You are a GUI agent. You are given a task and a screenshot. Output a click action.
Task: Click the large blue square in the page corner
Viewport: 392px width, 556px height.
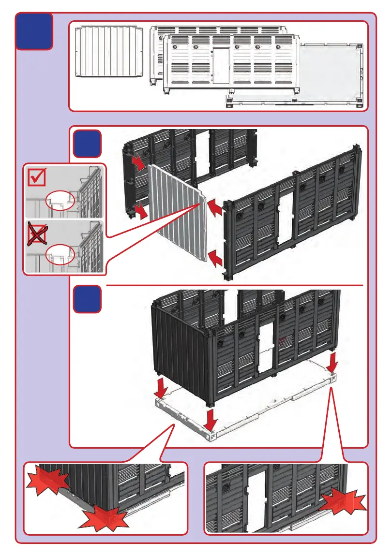point(34,31)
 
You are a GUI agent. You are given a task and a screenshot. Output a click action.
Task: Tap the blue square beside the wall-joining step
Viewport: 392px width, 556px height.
point(87,144)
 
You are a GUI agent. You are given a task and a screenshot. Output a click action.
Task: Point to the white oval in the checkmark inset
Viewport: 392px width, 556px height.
point(60,199)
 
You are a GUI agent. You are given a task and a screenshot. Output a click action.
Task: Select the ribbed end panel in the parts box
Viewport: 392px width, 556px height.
point(110,52)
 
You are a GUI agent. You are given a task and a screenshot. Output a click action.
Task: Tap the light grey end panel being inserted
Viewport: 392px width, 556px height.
point(179,209)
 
